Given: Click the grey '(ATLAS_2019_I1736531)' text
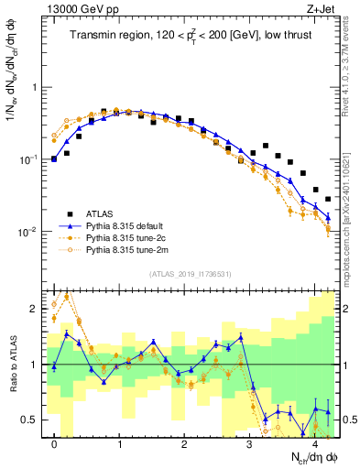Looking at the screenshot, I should click(191, 273).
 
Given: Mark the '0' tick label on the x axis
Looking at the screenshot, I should click(55, 443).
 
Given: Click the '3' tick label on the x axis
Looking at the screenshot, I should click(249, 443).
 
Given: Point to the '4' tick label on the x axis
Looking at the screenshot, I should click(314, 443).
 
